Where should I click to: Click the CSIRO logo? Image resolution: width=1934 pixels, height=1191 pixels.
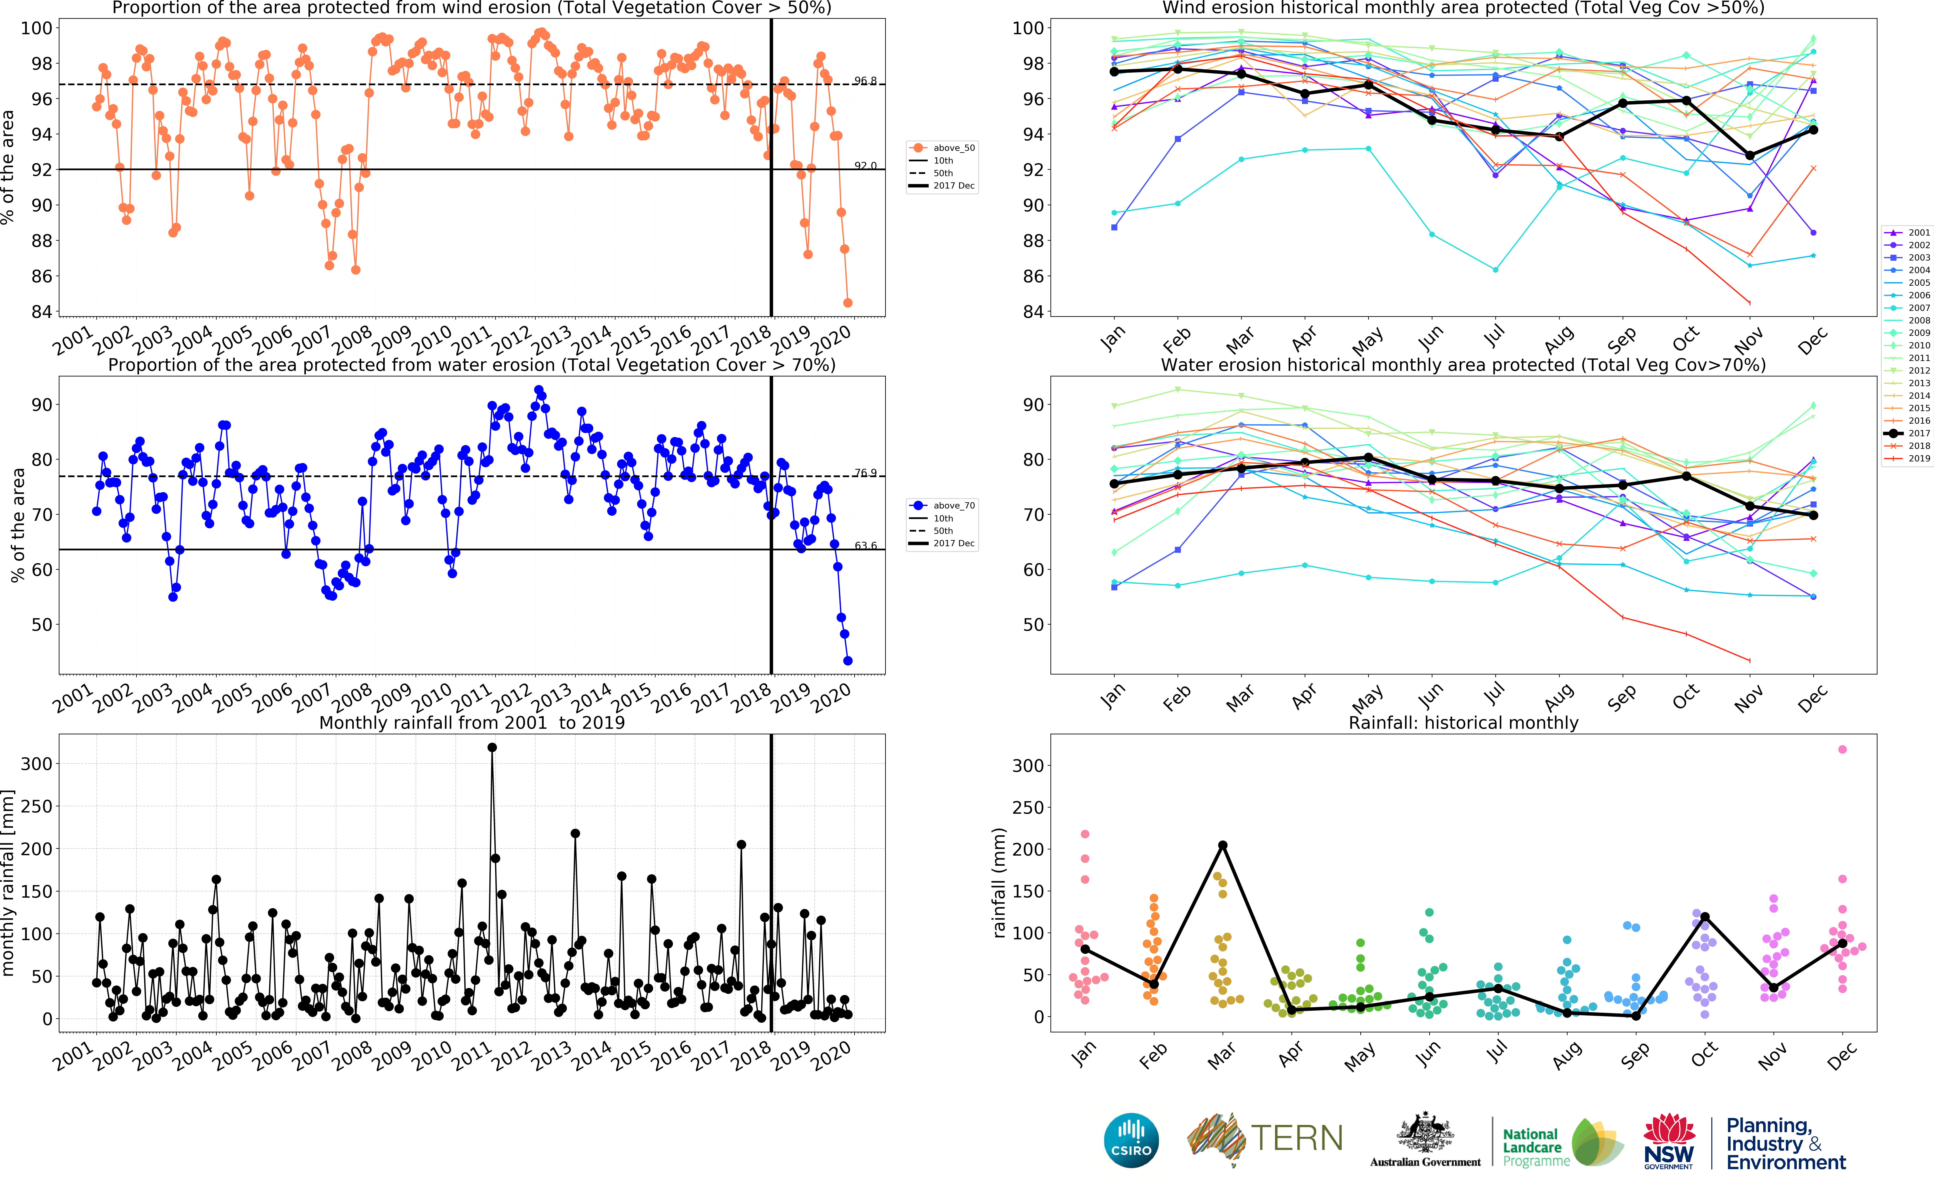(x=1131, y=1140)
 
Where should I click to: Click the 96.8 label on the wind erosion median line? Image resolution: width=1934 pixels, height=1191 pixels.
(x=865, y=81)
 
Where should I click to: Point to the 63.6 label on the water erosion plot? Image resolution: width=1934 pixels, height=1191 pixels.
(x=865, y=545)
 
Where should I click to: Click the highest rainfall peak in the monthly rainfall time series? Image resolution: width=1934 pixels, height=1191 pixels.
(x=492, y=748)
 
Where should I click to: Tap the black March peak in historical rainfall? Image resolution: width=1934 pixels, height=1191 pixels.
(x=1223, y=845)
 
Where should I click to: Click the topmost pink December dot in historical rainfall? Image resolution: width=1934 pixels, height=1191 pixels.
(x=1842, y=749)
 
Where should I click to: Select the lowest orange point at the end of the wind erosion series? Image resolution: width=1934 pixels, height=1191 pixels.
(x=848, y=302)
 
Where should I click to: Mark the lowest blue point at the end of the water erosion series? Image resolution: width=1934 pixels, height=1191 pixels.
(x=848, y=661)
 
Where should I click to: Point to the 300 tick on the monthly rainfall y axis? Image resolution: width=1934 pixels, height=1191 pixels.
(x=36, y=763)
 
